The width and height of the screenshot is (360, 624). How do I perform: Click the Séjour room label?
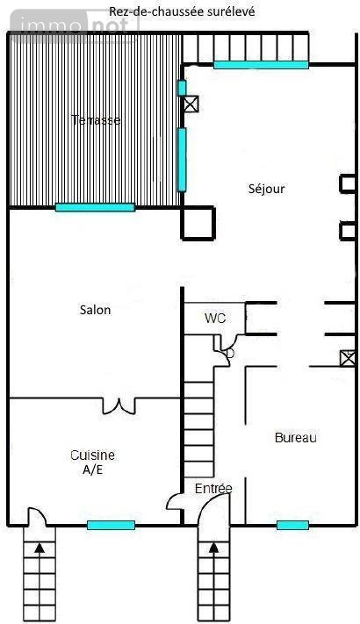coord(266,189)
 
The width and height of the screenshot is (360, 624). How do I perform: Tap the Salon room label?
coord(95,310)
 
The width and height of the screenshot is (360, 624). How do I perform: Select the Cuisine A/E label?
coord(92,462)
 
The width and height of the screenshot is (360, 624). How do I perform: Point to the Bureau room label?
coord(296,438)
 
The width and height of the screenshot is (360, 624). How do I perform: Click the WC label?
coord(215,318)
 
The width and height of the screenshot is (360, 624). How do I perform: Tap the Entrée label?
coord(213,488)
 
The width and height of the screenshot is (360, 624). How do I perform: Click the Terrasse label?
coord(96,119)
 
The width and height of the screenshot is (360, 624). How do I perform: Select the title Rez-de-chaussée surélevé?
coord(182,11)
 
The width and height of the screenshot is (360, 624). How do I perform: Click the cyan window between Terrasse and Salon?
coord(95,207)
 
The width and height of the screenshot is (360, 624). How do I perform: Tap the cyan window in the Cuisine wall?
coord(111,526)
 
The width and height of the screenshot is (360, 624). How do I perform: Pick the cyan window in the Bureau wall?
coord(292,526)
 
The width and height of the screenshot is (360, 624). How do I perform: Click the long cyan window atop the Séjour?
coord(262,65)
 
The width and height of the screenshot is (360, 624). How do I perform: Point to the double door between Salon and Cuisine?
coord(119,406)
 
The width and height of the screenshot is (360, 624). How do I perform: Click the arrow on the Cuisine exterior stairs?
coord(40,549)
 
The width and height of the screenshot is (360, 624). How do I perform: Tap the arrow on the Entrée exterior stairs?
coord(214,549)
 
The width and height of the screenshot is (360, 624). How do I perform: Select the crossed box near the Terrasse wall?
coord(191,104)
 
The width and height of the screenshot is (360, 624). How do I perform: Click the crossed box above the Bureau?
coord(347,358)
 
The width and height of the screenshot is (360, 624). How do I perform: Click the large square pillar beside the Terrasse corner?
coord(198,223)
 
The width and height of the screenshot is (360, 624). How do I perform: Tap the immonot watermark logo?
coord(74,25)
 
